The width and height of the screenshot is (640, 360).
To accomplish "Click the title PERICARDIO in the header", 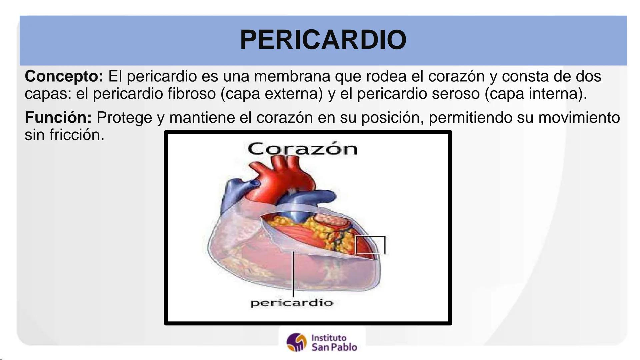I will click(323, 40).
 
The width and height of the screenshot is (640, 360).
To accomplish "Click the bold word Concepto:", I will click(64, 77).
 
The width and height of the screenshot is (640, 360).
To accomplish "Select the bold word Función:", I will click(58, 118).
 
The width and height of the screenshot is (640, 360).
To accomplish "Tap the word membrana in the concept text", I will click(292, 77).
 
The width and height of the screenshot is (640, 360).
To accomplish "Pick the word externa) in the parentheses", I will click(294, 94).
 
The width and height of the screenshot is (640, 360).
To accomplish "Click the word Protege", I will click(124, 118).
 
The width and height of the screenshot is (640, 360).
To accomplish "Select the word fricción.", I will click(77, 135).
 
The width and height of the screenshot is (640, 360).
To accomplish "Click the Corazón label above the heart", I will click(302, 149).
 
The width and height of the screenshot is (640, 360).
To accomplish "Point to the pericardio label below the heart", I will click(291, 303).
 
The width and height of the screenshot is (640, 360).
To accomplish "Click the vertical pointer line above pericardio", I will click(293, 273).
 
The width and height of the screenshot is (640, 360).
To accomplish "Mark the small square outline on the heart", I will click(370, 245).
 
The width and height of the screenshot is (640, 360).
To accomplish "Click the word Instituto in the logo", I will click(329, 338).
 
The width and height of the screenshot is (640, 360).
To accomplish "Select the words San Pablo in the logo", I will click(334, 347).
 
